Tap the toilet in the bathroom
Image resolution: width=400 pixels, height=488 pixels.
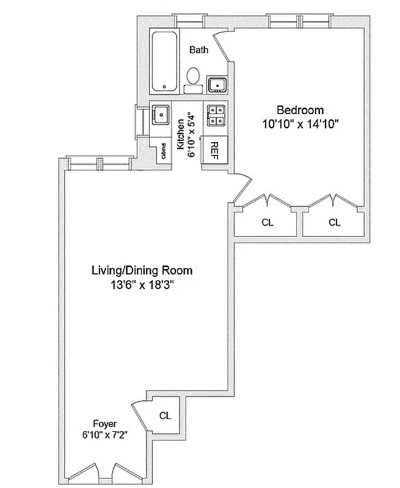[194, 77]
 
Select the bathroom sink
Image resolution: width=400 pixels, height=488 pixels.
[217, 84]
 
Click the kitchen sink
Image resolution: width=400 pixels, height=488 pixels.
[161, 114]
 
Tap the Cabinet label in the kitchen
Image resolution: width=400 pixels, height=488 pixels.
[164, 151]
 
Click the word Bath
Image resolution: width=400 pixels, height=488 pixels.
[199, 50]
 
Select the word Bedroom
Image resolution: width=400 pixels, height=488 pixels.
[299, 110]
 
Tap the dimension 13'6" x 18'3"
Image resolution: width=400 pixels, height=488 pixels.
[142, 284]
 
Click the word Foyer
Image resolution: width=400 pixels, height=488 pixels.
[104, 423]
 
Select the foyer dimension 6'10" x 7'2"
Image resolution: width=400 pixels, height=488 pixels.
[104, 435]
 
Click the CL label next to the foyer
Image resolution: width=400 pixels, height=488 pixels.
[165, 415]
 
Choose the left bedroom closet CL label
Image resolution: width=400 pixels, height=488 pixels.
[267, 223]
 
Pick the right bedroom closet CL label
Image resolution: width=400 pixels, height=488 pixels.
[334, 223]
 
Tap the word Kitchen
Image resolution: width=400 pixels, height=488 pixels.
[181, 134]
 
